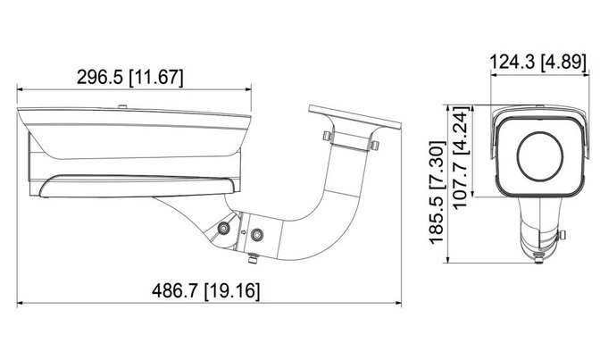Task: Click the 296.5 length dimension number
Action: (x=99, y=77)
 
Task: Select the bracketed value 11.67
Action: (x=156, y=77)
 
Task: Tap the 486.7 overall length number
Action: (x=175, y=290)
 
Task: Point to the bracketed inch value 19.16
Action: (x=232, y=290)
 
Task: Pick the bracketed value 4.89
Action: (x=563, y=62)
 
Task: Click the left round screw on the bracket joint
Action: (x=223, y=229)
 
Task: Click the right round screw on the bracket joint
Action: (x=257, y=234)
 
